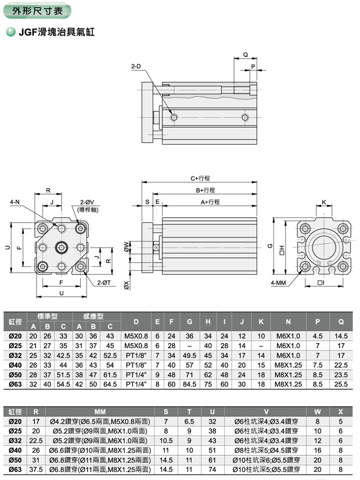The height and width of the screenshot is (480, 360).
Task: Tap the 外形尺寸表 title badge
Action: point(38,9)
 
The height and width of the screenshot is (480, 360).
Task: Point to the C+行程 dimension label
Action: point(200,178)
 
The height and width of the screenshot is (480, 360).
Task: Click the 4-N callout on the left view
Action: point(15,202)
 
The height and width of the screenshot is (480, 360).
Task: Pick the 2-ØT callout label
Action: point(104,282)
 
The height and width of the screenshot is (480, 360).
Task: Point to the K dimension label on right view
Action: point(323,202)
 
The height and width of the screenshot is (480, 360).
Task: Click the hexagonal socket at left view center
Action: point(62,249)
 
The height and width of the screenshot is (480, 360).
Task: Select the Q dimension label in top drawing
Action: point(246,55)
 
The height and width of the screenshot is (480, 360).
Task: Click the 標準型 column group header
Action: point(48,316)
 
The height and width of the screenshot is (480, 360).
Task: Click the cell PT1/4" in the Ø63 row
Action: point(136,384)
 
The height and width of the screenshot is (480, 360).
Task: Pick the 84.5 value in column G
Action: point(189,384)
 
